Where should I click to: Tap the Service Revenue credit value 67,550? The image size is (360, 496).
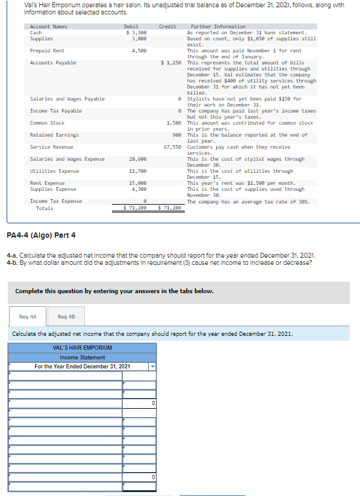pyautogui.click(x=173, y=147)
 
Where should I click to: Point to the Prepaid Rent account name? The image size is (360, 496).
pyautogui.click(x=48, y=51)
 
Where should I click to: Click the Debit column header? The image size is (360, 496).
pyautogui.click(x=131, y=26)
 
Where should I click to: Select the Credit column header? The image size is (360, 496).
pyautogui.click(x=167, y=26)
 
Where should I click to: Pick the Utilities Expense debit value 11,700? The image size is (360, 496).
pyautogui.click(x=137, y=171)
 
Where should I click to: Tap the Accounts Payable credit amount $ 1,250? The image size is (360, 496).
pyautogui.click(x=171, y=63)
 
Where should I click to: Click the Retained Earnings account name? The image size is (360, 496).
pyautogui.click(x=54, y=135)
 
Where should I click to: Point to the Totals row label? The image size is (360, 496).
pyautogui.click(x=45, y=208)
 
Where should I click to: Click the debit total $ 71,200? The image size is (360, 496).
pyautogui.click(x=134, y=208)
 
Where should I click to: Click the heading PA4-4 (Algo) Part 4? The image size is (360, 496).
pyautogui.click(x=41, y=235)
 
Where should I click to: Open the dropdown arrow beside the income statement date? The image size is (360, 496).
pyautogui.click(x=152, y=366)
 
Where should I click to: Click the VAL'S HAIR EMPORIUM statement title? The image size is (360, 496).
pyautogui.click(x=82, y=348)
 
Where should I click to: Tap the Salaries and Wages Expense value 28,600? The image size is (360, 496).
pyautogui.click(x=137, y=159)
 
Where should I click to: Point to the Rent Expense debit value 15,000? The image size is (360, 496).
pyautogui.click(x=137, y=183)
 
